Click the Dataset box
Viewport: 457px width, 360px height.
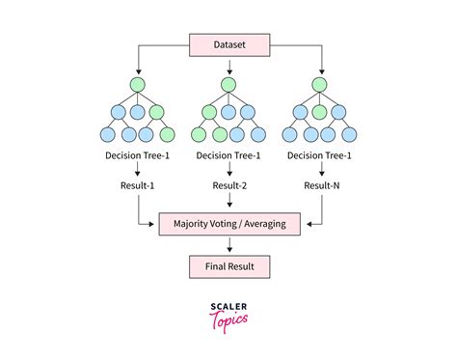coord(228,43)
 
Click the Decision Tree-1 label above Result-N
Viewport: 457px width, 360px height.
coord(318,155)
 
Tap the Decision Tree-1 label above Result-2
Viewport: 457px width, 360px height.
coord(228,155)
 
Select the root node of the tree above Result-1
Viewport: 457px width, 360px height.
coord(138,84)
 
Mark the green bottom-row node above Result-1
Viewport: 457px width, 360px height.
coord(168,134)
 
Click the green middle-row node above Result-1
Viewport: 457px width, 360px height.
coord(156,109)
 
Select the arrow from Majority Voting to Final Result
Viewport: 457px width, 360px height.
coord(228,243)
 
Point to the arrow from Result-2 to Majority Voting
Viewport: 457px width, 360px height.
coord(228,201)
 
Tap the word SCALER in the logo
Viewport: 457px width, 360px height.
coord(228,306)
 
